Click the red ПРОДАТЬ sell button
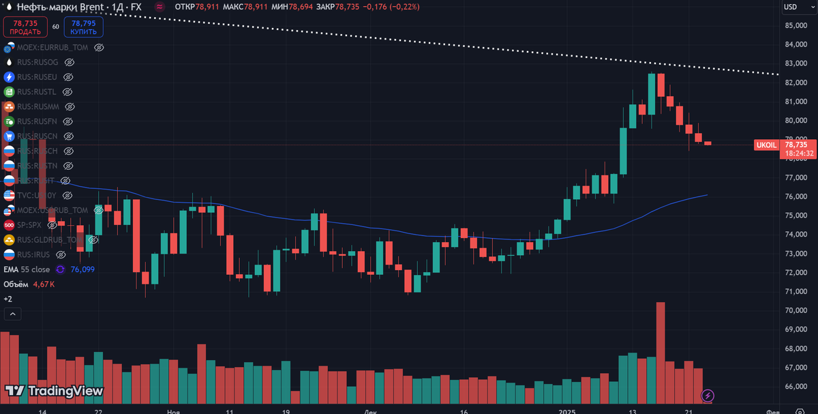click(x=25, y=27)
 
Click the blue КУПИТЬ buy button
click(x=83, y=27)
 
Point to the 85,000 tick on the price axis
click(x=796, y=26)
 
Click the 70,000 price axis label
click(x=796, y=310)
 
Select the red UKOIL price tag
click(x=766, y=145)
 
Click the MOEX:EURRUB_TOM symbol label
click(x=52, y=48)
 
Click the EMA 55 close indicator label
click(x=27, y=269)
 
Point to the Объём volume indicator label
click(x=16, y=284)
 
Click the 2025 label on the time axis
click(x=568, y=412)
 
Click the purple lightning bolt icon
click(x=708, y=395)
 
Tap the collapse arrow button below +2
click(x=12, y=314)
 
